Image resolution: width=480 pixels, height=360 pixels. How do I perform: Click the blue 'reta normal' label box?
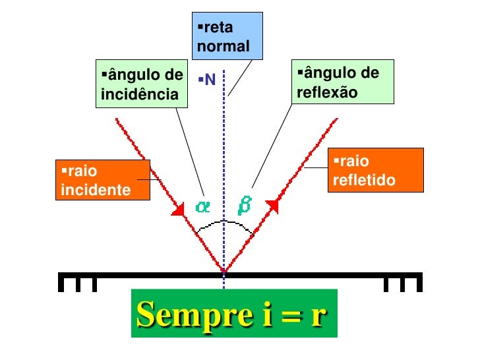(x=224, y=35)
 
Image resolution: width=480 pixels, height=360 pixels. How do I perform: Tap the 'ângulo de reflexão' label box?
(x=342, y=82)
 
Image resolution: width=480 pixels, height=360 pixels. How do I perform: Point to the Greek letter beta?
(x=244, y=206)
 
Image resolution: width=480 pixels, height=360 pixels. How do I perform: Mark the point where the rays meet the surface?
(x=224, y=271)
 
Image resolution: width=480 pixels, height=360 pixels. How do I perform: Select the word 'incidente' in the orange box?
(x=95, y=191)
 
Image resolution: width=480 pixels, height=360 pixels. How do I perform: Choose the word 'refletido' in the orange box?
(x=364, y=179)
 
